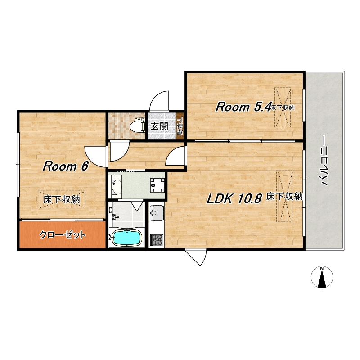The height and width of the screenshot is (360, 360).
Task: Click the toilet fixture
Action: (137, 126)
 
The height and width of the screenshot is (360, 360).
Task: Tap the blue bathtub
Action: (126, 238)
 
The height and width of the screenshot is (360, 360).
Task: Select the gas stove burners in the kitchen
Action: (157, 240)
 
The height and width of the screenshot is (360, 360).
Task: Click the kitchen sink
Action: (157, 212)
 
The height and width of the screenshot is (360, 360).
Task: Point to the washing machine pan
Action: (157, 185)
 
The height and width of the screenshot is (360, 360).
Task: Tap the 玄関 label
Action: (159, 126)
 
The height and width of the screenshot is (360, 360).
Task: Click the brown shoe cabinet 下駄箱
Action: (180, 126)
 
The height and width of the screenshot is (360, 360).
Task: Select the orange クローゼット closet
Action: (62, 234)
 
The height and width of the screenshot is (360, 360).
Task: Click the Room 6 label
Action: (65, 166)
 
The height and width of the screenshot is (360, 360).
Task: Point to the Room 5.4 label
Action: (243, 107)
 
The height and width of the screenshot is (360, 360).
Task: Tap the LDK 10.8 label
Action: (234, 198)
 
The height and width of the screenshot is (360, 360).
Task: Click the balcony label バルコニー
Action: (324, 161)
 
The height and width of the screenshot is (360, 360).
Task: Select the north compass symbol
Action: (322, 277)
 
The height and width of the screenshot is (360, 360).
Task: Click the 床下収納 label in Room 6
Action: (62, 199)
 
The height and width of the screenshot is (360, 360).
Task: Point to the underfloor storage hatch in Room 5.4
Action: (283, 107)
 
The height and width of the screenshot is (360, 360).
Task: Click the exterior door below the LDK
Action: (196, 257)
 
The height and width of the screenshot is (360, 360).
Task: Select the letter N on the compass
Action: (322, 268)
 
